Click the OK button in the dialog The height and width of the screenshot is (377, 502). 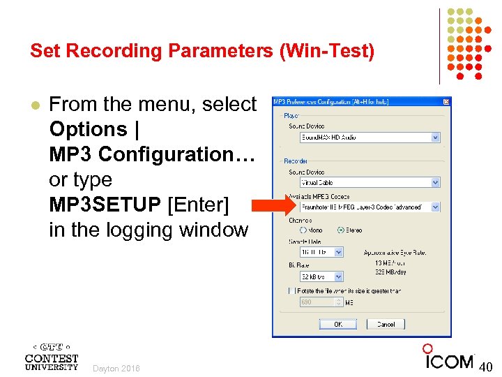coord(338,324)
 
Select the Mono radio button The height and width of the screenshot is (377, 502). coord(303,230)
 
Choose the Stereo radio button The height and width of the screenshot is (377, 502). coord(340,230)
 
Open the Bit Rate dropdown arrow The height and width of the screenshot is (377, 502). coord(339,276)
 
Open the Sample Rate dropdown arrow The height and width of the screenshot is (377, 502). coord(339,252)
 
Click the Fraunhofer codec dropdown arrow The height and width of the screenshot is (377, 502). coord(436,207)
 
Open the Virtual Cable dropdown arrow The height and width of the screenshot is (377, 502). coord(436,183)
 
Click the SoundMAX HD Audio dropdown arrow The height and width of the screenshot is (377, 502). coord(436,138)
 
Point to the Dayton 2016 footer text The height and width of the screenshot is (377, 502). coord(116,369)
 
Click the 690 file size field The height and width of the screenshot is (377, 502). coord(321,302)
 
